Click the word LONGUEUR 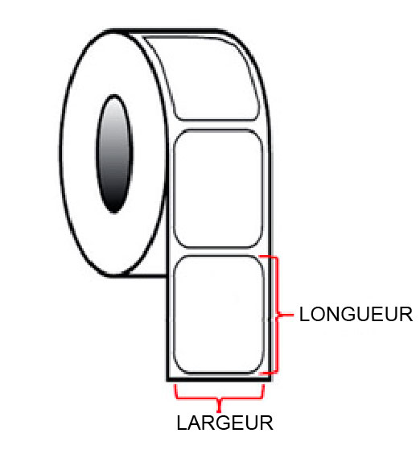(356, 315)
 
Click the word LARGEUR (225, 423)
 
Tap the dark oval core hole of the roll (114, 154)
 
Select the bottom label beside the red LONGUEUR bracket (219, 315)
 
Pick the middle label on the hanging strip (218, 189)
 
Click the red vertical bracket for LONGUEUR (277, 315)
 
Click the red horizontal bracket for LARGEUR (219, 398)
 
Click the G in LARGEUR (223, 423)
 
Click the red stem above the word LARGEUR (219, 406)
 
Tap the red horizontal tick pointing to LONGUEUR (286, 315)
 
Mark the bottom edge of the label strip (219, 380)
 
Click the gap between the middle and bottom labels (218, 252)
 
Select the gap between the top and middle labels (218, 125)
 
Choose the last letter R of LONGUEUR (406, 315)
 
